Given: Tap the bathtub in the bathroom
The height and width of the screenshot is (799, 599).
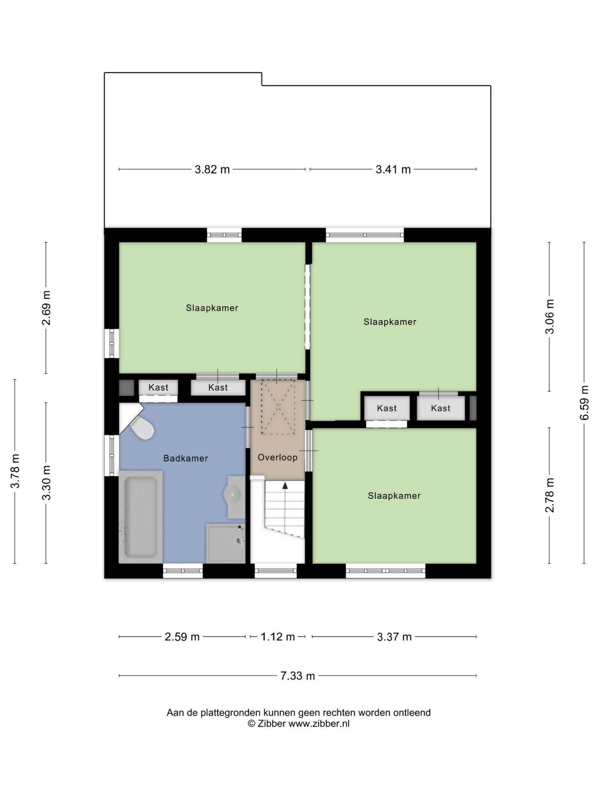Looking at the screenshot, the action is click(x=140, y=517).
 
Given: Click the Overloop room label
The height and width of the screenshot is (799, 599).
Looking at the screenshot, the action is click(x=277, y=457).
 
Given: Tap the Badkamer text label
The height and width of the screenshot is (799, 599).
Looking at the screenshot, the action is click(x=186, y=458).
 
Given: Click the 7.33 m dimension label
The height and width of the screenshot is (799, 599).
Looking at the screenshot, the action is click(x=298, y=676).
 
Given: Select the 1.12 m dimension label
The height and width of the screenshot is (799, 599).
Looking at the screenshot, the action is click(x=278, y=637).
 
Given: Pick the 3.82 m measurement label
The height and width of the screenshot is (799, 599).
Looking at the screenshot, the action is click(x=212, y=169).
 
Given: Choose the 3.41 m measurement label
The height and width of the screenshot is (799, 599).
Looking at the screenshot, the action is click(x=393, y=169).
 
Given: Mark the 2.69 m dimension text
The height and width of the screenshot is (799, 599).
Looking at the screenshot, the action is click(x=46, y=308).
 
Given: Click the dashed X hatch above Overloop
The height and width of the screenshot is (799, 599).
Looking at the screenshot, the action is click(x=278, y=407).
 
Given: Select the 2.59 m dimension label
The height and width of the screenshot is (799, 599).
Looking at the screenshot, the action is click(x=182, y=637).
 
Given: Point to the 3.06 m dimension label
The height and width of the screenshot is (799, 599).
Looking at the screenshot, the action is click(x=549, y=316).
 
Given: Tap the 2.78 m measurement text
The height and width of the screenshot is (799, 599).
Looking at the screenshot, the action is click(x=549, y=495).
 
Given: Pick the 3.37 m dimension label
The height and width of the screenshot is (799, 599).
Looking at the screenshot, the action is click(x=394, y=637).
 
